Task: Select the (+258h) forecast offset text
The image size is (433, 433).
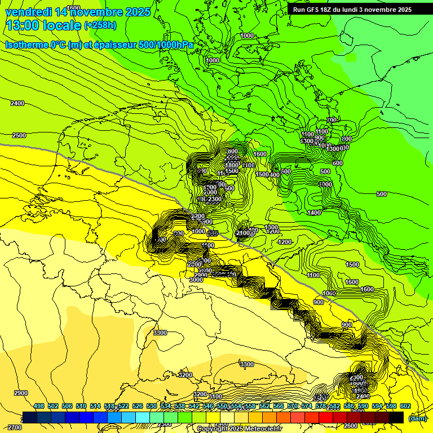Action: tap(100, 25)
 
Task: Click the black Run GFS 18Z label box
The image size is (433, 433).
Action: tap(352, 10)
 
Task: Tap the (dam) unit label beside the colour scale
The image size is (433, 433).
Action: tap(417, 418)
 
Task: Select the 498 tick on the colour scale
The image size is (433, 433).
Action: tap(39, 406)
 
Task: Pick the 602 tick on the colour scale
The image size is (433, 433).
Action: tap(405, 406)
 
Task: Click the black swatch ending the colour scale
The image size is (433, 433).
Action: tap(396, 417)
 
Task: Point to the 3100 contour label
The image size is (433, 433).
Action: tap(214, 396)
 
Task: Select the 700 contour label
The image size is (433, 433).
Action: tap(332, 120)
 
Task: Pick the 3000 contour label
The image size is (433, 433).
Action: tap(196, 280)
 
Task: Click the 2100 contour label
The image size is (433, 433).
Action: tap(244, 233)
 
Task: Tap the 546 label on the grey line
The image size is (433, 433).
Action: tap(213, 233)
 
